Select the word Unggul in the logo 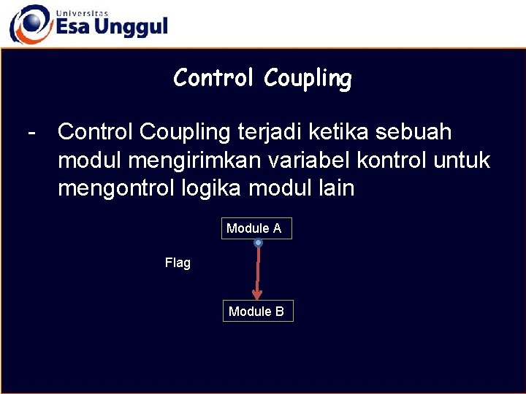132,28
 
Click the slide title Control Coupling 262,78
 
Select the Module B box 256,312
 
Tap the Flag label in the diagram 178,263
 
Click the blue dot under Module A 258,243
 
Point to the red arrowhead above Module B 256,294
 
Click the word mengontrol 115,188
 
